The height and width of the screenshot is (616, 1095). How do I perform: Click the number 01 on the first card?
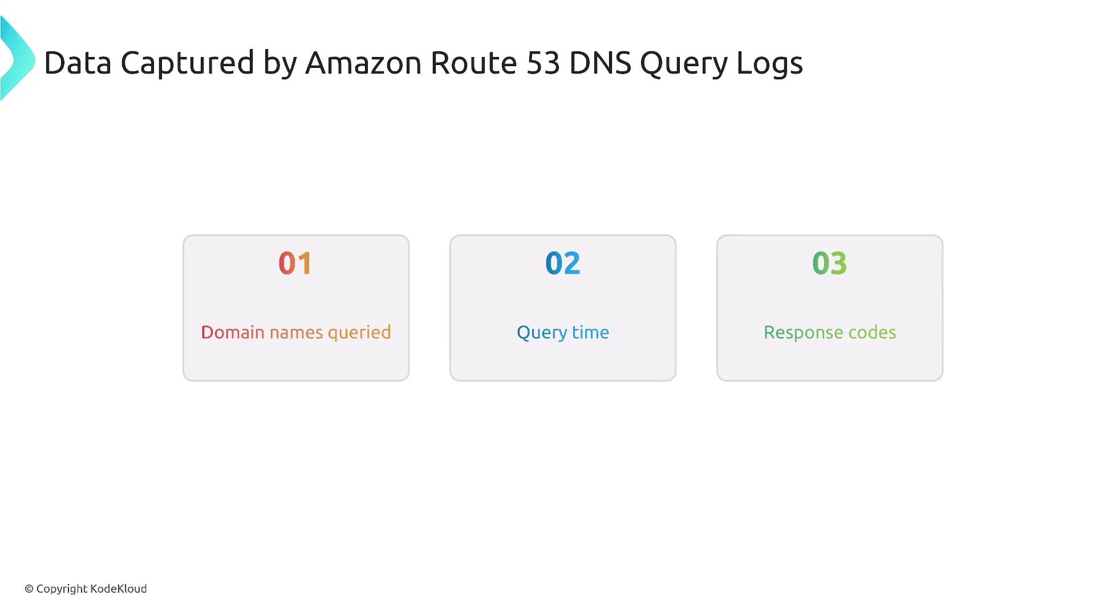pos(295,264)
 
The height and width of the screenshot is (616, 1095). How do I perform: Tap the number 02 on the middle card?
pos(562,264)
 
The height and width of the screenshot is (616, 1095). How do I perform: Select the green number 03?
pos(829,264)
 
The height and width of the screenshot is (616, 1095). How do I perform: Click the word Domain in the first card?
pos(233,332)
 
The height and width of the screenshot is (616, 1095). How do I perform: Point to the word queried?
pos(359,333)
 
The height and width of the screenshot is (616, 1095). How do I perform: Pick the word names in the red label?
pos(296,333)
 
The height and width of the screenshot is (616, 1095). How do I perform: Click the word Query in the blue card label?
pos(542,333)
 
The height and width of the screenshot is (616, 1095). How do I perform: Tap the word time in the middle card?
pos(591,332)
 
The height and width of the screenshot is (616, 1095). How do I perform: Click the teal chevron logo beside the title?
pos(18,59)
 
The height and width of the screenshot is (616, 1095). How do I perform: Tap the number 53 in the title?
pos(544,63)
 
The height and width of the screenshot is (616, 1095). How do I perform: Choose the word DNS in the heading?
pos(601,63)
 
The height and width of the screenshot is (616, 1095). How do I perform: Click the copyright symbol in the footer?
pos(29,589)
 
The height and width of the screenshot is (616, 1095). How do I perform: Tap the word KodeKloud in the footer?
pos(119,589)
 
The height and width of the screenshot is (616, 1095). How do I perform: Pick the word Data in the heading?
pos(78,63)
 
